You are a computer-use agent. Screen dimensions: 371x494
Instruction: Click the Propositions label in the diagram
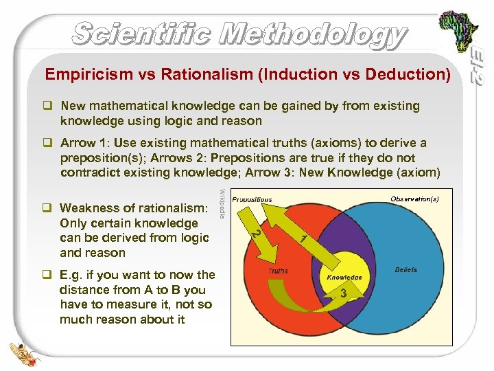[252, 200]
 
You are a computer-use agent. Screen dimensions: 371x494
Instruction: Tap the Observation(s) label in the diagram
[414, 199]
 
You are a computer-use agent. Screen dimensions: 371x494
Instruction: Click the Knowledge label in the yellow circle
[344, 277]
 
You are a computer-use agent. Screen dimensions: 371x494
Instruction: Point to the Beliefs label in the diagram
[406, 270]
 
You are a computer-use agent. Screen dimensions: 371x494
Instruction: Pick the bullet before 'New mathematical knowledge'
[49, 106]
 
